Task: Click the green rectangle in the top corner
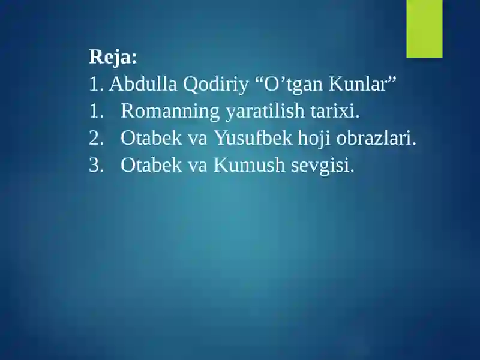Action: [424, 28]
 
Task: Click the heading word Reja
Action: [113, 58]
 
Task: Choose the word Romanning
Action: [170, 112]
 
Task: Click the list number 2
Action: [95, 139]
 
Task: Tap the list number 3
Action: [95, 166]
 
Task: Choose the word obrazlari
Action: [376, 139]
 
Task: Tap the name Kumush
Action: [249, 166]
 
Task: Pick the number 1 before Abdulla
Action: [94, 85]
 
